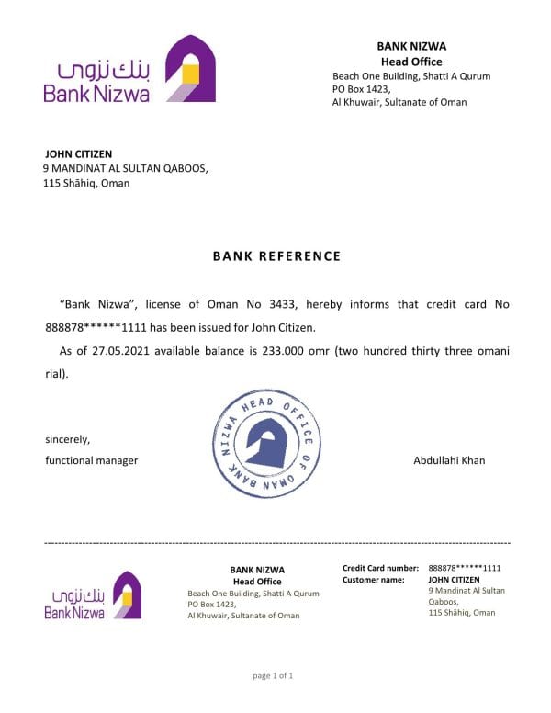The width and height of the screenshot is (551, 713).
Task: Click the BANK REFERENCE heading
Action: coord(275,256)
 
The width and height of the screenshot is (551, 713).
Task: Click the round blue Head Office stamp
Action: coord(271,444)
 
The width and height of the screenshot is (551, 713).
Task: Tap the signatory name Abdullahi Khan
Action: coord(449,460)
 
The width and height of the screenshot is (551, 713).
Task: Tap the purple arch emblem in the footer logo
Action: coord(127,595)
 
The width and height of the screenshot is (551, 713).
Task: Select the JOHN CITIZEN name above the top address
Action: coord(79,153)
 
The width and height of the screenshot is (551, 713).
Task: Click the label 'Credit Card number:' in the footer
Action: coord(380,568)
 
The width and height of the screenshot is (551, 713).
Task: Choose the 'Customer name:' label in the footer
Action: coord(374,580)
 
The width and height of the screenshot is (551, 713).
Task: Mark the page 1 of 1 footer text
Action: coord(273,676)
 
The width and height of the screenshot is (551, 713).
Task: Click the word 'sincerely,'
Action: coord(68,439)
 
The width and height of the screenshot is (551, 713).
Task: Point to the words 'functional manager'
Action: coord(92,460)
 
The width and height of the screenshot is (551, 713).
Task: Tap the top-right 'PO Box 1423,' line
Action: coord(362,89)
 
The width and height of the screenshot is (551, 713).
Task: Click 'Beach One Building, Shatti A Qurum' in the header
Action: coord(411,75)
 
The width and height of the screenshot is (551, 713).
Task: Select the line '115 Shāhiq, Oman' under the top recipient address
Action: coord(86,183)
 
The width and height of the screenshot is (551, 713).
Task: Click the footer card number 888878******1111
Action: coord(465,568)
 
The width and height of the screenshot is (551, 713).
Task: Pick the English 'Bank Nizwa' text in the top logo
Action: coord(96,93)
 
